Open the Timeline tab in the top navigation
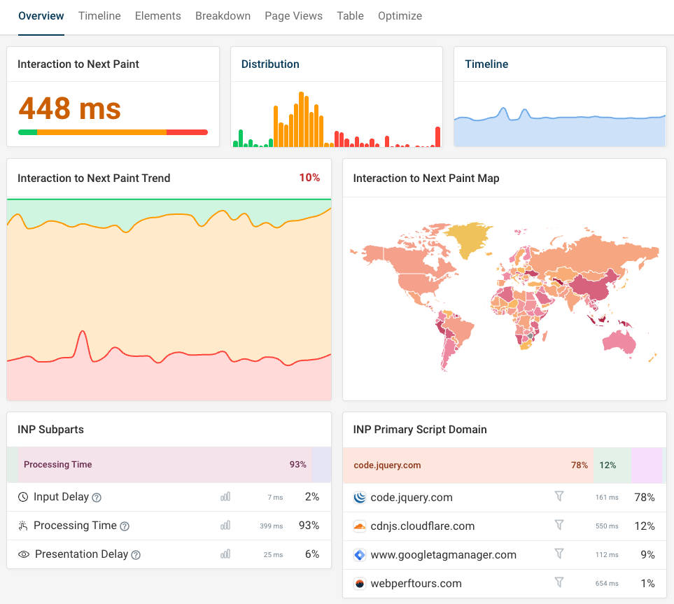click(99, 15)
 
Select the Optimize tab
click(400, 15)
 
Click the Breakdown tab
click(223, 15)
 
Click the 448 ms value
click(69, 108)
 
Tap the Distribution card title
click(270, 64)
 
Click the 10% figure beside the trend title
click(309, 178)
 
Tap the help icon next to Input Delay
click(97, 498)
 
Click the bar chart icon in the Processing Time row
click(225, 526)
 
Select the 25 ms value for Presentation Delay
click(273, 554)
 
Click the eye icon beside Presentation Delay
click(24, 554)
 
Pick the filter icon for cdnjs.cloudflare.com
click(559, 525)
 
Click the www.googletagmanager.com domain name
click(443, 554)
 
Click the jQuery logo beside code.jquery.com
click(360, 498)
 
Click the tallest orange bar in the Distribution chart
click(301, 119)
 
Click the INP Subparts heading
click(50, 429)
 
